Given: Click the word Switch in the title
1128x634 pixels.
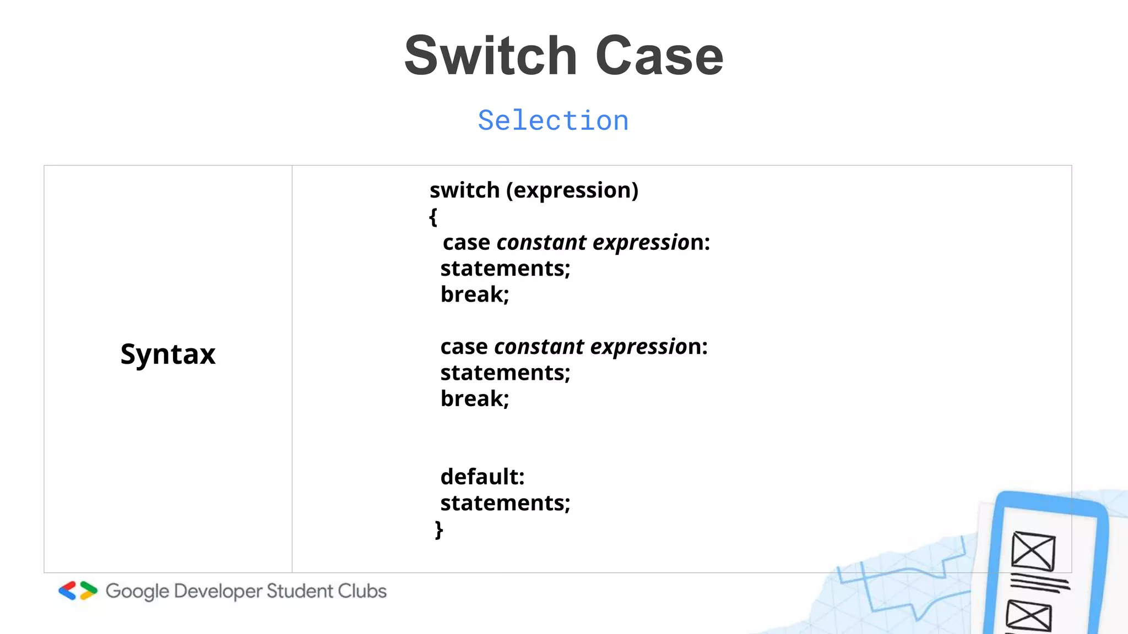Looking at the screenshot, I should (x=490, y=56).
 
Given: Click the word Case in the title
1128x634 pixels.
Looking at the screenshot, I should (x=659, y=56).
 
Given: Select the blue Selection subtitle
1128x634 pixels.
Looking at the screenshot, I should (x=553, y=121).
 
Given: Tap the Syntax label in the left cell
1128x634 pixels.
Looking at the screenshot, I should (x=168, y=354).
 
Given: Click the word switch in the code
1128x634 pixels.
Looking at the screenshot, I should (x=464, y=190).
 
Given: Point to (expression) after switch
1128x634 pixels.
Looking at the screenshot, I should (x=572, y=190).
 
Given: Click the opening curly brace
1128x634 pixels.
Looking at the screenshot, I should (x=433, y=216).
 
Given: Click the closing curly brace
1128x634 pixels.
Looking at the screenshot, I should (x=439, y=529).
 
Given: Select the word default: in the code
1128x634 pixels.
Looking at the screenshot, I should (x=482, y=477).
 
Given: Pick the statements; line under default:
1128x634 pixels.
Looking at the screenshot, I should (x=505, y=503).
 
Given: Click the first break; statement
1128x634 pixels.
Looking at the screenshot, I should (x=475, y=294).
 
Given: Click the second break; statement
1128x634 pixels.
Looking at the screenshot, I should (x=475, y=398).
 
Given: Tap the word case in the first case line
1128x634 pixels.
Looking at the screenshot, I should (x=466, y=243).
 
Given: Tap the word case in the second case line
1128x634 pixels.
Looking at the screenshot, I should (x=464, y=347).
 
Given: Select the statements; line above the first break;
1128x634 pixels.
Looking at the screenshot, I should (x=505, y=269).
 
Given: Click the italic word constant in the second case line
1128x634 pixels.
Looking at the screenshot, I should (x=539, y=347).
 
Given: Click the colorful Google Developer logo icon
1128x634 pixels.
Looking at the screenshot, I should (x=78, y=591).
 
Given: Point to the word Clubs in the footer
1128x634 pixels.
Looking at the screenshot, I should (x=362, y=591).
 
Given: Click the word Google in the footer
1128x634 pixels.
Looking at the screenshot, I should (x=137, y=591).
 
